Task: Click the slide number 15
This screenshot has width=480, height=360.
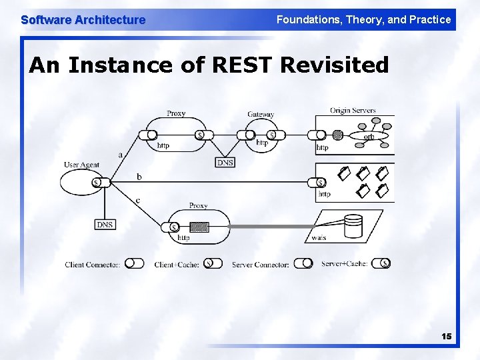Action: click(x=446, y=337)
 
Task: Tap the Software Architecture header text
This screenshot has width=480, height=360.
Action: click(x=83, y=19)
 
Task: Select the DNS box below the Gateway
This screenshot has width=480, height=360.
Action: click(x=225, y=162)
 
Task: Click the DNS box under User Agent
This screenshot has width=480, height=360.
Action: click(x=105, y=225)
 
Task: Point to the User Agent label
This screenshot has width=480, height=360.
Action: click(x=81, y=165)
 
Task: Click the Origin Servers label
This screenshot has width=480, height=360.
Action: click(x=353, y=111)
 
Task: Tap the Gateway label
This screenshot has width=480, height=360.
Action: click(x=261, y=114)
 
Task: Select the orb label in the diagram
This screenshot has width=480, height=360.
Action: click(x=369, y=137)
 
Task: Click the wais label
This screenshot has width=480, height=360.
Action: click(x=319, y=237)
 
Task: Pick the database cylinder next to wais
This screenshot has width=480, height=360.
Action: click(x=353, y=226)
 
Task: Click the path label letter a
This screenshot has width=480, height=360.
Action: click(x=121, y=155)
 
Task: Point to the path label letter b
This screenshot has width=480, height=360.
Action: click(x=139, y=177)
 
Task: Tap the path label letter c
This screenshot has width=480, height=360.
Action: click(x=137, y=200)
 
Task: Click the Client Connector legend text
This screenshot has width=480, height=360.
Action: click(x=93, y=265)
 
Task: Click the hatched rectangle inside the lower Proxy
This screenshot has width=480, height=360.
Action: click(x=199, y=226)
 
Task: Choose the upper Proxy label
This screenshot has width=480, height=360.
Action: click(x=176, y=113)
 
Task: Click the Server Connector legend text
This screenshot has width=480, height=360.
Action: click(x=261, y=265)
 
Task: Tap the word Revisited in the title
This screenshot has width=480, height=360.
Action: click(x=335, y=65)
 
